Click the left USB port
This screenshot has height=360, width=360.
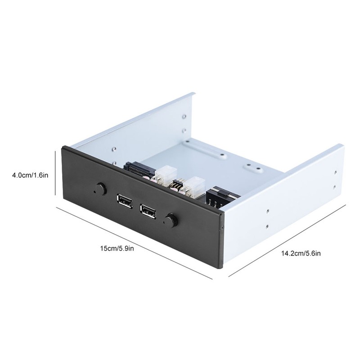tap(125, 201)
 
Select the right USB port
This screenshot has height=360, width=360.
tap(148, 211)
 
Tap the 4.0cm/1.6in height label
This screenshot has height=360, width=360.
tap(30, 176)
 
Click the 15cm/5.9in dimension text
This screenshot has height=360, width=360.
tap(117, 248)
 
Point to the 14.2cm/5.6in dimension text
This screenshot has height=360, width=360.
tap(301, 253)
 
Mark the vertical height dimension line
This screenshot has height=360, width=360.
tap(55, 175)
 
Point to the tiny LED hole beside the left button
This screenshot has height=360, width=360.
tap(94, 191)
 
